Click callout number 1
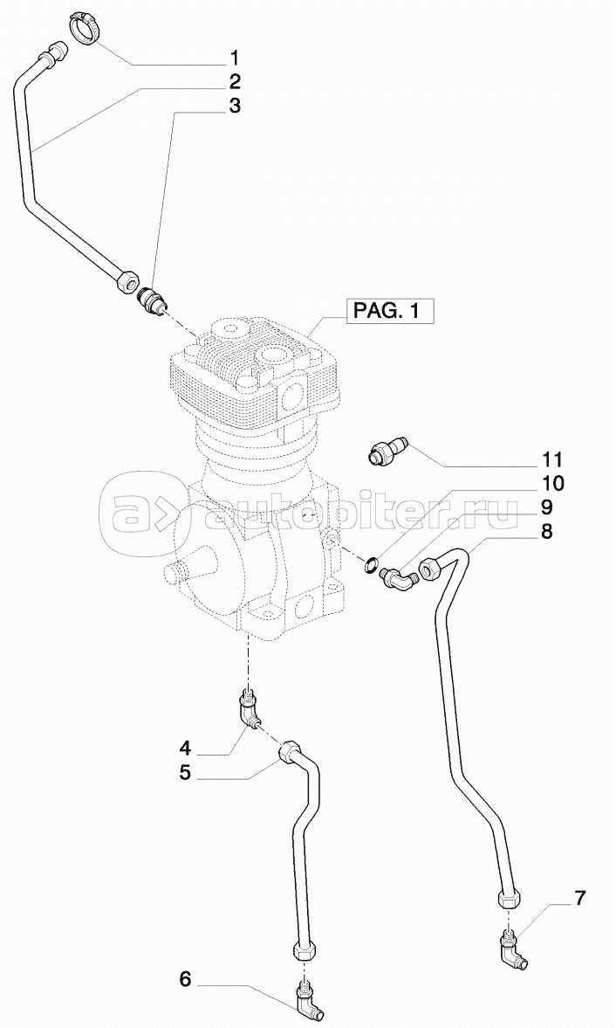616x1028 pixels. coord(235,59)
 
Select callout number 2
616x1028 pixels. coord(235,83)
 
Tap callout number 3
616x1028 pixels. coord(235,107)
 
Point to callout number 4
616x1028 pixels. coord(185,748)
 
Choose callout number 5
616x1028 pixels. coord(185,772)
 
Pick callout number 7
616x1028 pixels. coord(580,898)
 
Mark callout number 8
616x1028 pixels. coord(546,531)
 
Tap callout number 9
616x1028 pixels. coord(546,507)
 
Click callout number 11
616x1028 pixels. coord(551,459)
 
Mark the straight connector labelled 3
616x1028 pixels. coord(152,299)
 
